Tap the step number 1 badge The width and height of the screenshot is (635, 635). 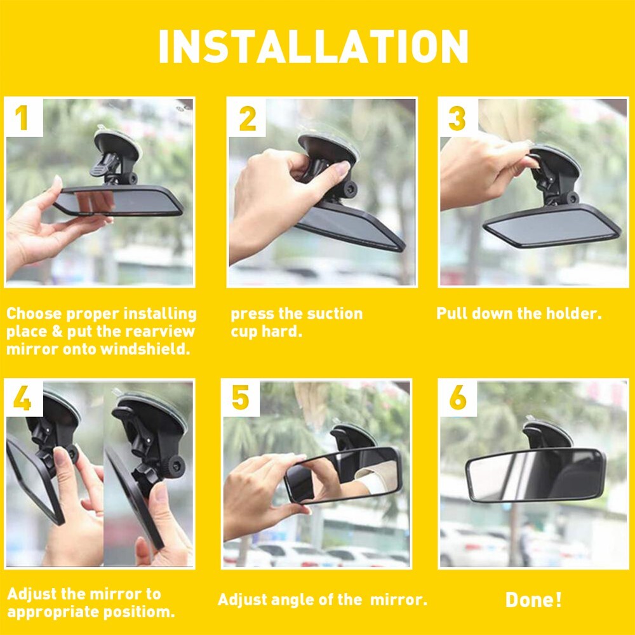[22, 119]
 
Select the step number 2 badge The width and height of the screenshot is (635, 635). [247, 119]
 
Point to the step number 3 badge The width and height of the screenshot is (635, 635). [457, 119]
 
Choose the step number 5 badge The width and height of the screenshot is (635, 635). [241, 399]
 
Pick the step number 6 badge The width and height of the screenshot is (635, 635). [458, 399]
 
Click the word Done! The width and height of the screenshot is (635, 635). [533, 600]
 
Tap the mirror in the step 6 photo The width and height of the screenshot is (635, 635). [535, 475]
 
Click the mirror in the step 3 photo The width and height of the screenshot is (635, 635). [551, 225]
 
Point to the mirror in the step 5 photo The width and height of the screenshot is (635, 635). [343, 474]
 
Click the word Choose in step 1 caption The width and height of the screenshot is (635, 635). [33, 314]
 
